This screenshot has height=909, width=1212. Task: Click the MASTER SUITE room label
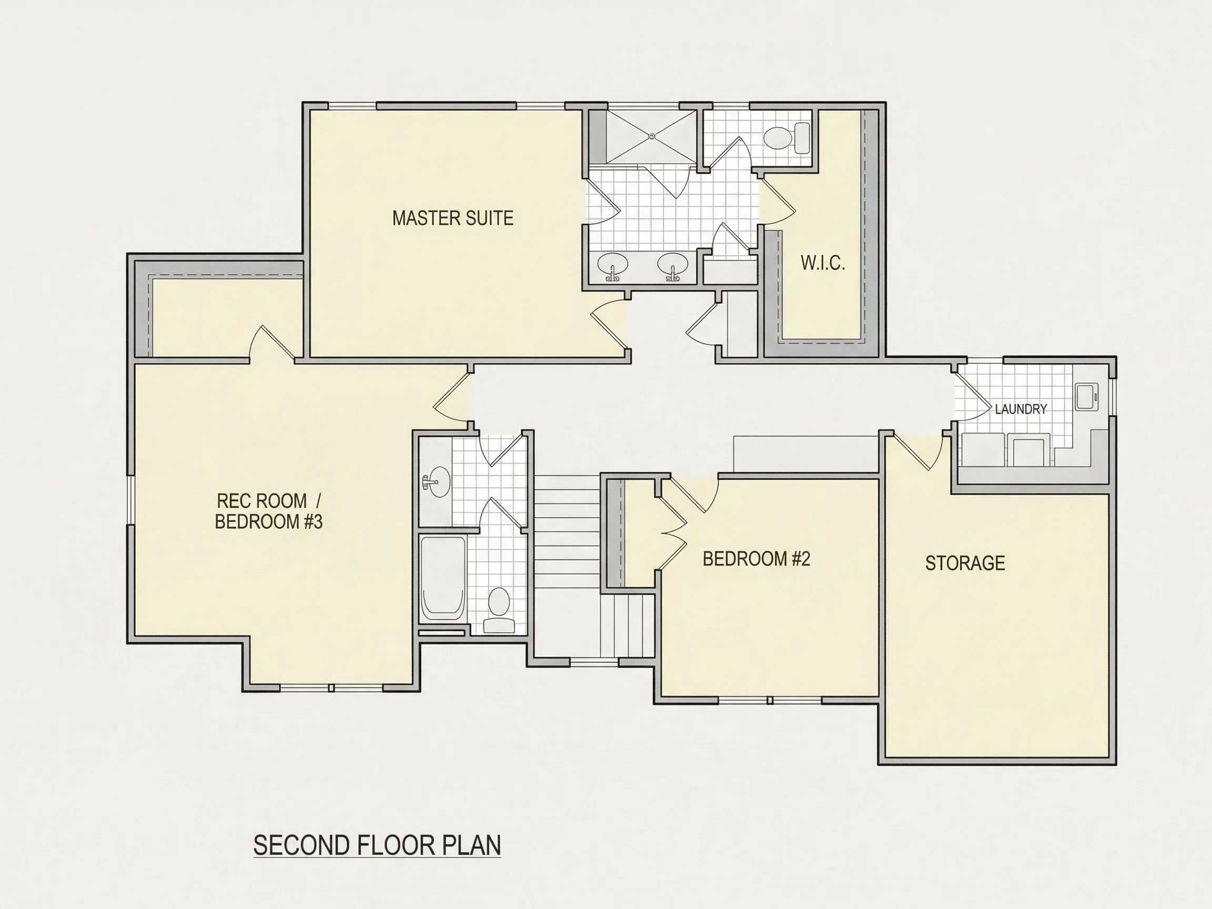coord(452,218)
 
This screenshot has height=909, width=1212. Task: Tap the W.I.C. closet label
coord(822,263)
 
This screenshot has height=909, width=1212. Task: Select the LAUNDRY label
coord(1021,409)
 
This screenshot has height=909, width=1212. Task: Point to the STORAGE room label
coord(965,563)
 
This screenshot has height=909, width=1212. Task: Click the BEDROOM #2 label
coord(756,559)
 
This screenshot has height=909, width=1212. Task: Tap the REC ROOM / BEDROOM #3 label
coord(268,511)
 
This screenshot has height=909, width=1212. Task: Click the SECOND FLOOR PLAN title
coord(377,845)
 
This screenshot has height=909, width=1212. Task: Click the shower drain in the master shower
coord(651,136)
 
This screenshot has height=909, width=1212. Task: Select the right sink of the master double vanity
coord(672,265)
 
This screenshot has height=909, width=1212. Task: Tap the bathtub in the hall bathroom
coord(443,579)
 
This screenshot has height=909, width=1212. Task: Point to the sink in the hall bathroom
coord(437,482)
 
